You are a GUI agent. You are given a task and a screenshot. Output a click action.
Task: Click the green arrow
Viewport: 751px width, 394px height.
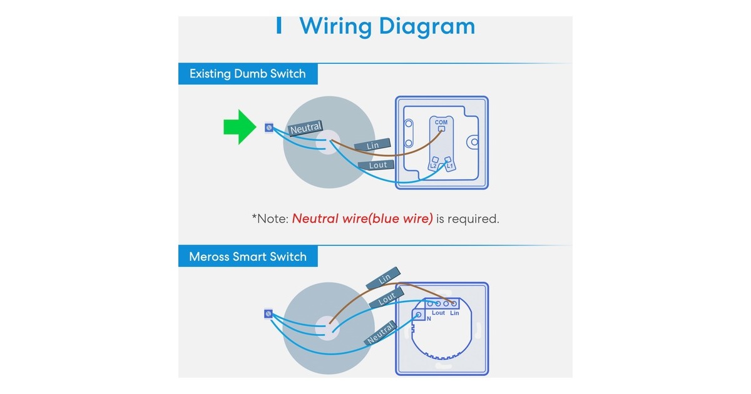pos(240,127)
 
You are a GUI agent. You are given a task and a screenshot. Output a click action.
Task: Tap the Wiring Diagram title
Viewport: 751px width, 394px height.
pos(387,26)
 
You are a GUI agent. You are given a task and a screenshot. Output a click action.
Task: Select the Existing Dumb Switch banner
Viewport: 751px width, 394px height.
pos(248,74)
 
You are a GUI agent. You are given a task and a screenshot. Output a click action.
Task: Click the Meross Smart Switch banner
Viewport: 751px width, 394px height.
pos(248,256)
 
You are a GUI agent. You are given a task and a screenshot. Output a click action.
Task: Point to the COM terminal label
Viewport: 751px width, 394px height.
pos(441,123)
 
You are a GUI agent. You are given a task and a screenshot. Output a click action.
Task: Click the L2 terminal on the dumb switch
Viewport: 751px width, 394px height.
pos(434,164)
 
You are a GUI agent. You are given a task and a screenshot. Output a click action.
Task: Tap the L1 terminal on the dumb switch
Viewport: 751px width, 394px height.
pos(449,164)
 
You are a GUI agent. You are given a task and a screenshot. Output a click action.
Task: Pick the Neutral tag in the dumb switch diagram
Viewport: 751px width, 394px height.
pos(305,128)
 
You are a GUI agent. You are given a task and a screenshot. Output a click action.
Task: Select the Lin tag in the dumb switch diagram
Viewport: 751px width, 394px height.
pos(372,145)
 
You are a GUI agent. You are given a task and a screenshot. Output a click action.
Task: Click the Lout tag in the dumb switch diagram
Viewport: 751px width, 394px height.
pos(377,165)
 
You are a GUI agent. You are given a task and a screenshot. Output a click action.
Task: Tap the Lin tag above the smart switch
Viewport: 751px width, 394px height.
pos(383,278)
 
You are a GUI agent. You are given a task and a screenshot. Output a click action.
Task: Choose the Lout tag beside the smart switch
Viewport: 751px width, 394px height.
pos(387,298)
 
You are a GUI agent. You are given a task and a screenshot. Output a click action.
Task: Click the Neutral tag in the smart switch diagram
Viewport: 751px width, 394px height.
pos(381,333)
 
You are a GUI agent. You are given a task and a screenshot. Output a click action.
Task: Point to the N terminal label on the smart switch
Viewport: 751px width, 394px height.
pos(429,318)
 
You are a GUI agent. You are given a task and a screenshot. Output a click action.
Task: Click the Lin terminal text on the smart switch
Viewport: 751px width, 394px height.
pos(454,313)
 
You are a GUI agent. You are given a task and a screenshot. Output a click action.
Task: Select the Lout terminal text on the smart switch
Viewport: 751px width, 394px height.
pos(438,313)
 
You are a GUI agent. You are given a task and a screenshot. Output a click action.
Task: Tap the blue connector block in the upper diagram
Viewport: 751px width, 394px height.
pos(269,128)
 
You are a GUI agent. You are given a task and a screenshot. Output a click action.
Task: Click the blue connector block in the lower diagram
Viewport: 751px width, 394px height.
pos(268,314)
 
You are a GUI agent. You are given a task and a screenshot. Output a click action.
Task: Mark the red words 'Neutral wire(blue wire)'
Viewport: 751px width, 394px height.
pos(362,219)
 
